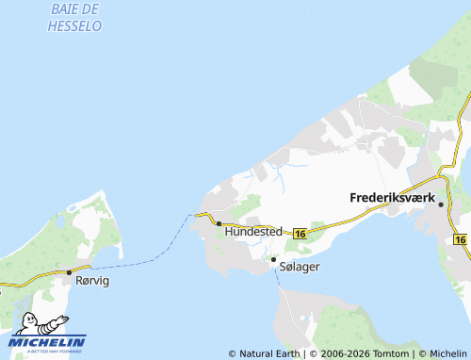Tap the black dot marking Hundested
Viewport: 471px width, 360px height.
[219, 224]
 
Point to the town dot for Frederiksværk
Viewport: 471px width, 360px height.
[440, 204]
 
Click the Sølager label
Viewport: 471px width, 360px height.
[300, 268]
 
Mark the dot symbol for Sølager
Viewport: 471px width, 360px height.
[273, 259]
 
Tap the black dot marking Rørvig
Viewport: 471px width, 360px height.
[69, 272]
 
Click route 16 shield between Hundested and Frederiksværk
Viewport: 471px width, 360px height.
[300, 233]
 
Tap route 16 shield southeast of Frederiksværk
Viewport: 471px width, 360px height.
[461, 239]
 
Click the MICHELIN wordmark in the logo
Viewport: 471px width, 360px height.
[47, 341]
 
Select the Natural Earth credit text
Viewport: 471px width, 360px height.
[264, 353]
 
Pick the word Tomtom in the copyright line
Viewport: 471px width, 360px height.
[390, 353]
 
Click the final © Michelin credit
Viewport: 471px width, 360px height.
[442, 353]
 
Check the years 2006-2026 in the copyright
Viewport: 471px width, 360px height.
[340, 353]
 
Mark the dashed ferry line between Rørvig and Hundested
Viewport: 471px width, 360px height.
[141, 257]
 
